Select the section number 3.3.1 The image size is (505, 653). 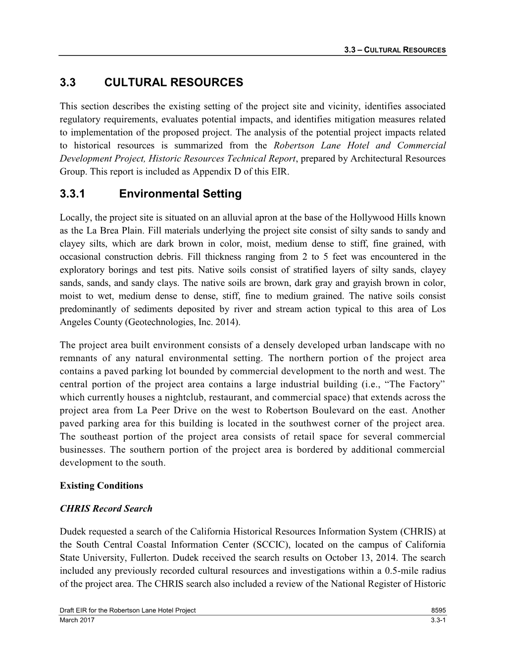72,194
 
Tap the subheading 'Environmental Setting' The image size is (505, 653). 180,194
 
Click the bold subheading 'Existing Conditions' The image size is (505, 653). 101,485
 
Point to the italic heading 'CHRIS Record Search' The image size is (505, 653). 106,509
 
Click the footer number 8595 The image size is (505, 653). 439,610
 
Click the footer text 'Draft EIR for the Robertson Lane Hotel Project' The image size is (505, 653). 128,610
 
